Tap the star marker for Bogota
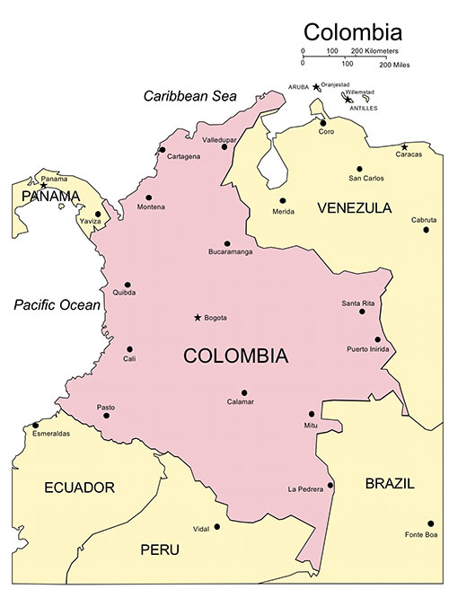point(198,317)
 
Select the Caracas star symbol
point(405,146)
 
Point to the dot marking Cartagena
point(163,150)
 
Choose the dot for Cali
point(130,349)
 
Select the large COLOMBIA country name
point(236,356)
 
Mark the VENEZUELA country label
point(355,207)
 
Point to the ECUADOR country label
point(79,488)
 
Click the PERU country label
point(160,549)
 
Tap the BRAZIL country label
point(390,483)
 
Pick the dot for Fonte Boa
point(431,523)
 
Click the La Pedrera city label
point(305,489)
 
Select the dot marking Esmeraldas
point(36,426)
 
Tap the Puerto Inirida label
point(368,348)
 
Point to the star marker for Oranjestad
point(315,87)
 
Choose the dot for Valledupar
point(224,146)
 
